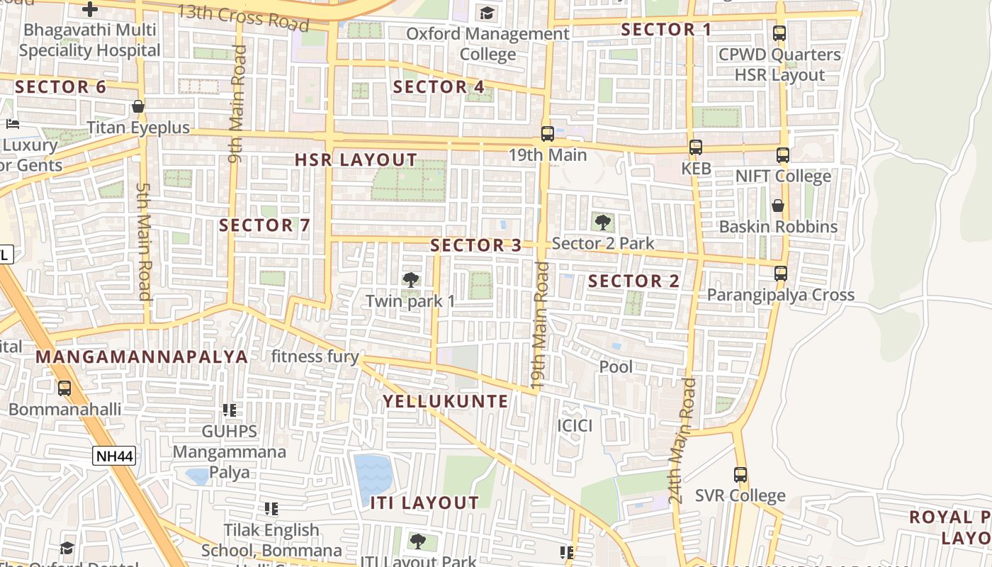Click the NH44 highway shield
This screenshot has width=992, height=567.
(114, 456)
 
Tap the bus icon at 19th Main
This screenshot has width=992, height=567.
(547, 133)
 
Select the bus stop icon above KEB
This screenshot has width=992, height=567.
(696, 147)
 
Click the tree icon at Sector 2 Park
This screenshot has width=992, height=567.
(602, 223)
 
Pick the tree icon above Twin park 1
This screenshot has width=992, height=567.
(410, 280)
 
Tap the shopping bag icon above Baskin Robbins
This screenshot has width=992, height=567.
(778, 206)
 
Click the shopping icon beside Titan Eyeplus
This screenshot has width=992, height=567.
(138, 107)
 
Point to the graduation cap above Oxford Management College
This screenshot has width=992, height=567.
(487, 13)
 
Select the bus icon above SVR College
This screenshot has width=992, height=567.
(740, 475)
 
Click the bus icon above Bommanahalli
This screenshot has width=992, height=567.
(64, 388)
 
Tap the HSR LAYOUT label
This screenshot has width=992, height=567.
(356, 160)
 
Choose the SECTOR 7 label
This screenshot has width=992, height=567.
(264, 225)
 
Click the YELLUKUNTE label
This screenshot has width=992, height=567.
(446, 401)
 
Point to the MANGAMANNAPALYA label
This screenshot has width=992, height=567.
(142, 357)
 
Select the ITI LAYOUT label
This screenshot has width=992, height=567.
(424, 503)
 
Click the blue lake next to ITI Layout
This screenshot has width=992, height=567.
(373, 475)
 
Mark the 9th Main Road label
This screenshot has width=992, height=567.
(237, 104)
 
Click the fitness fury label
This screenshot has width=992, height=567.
(315, 357)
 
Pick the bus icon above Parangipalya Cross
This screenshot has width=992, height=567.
(781, 274)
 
